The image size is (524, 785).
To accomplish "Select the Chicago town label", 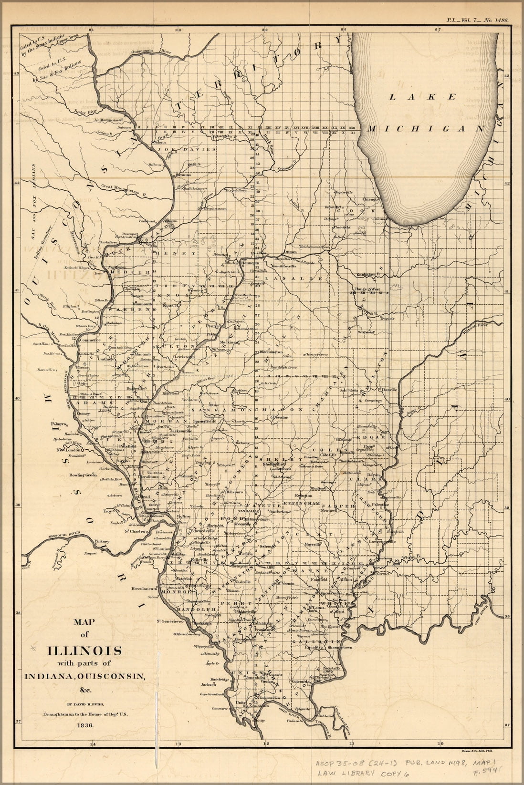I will point(370,199).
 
